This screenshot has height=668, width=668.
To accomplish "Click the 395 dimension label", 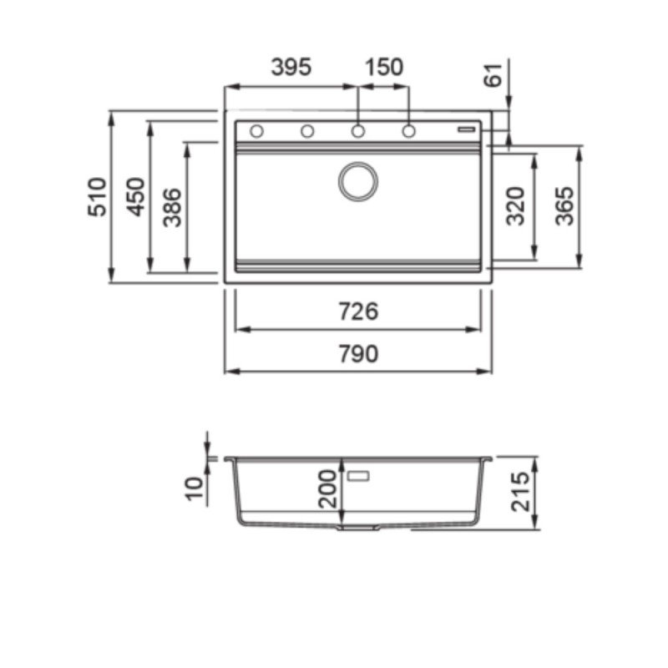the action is pyautogui.click(x=291, y=68).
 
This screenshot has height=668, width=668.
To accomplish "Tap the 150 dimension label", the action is pyautogui.click(x=384, y=68).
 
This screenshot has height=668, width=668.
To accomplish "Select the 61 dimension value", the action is pyautogui.click(x=493, y=75).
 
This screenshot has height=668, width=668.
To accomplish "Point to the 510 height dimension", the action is pyautogui.click(x=97, y=197).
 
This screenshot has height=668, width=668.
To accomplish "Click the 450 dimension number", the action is pyautogui.click(x=136, y=197).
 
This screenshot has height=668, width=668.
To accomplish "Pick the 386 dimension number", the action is pyautogui.click(x=173, y=207).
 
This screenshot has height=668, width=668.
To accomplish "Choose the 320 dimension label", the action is pyautogui.click(x=515, y=205).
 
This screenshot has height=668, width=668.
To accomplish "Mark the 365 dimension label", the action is pyautogui.click(x=565, y=205).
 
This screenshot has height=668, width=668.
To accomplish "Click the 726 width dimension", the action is pyautogui.click(x=358, y=311).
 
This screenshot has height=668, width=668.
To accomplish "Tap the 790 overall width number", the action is pyautogui.click(x=358, y=354).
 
